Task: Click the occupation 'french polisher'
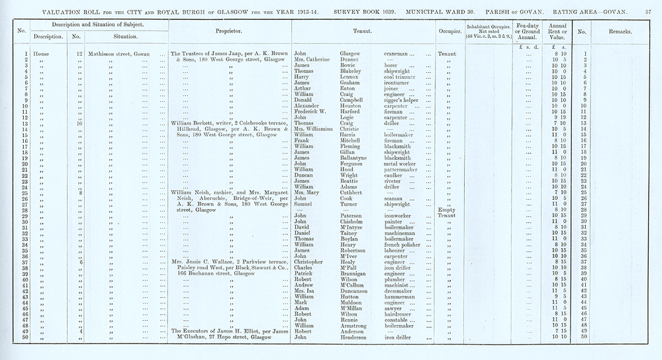click(x=407, y=245)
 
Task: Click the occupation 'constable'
click(x=399, y=320)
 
